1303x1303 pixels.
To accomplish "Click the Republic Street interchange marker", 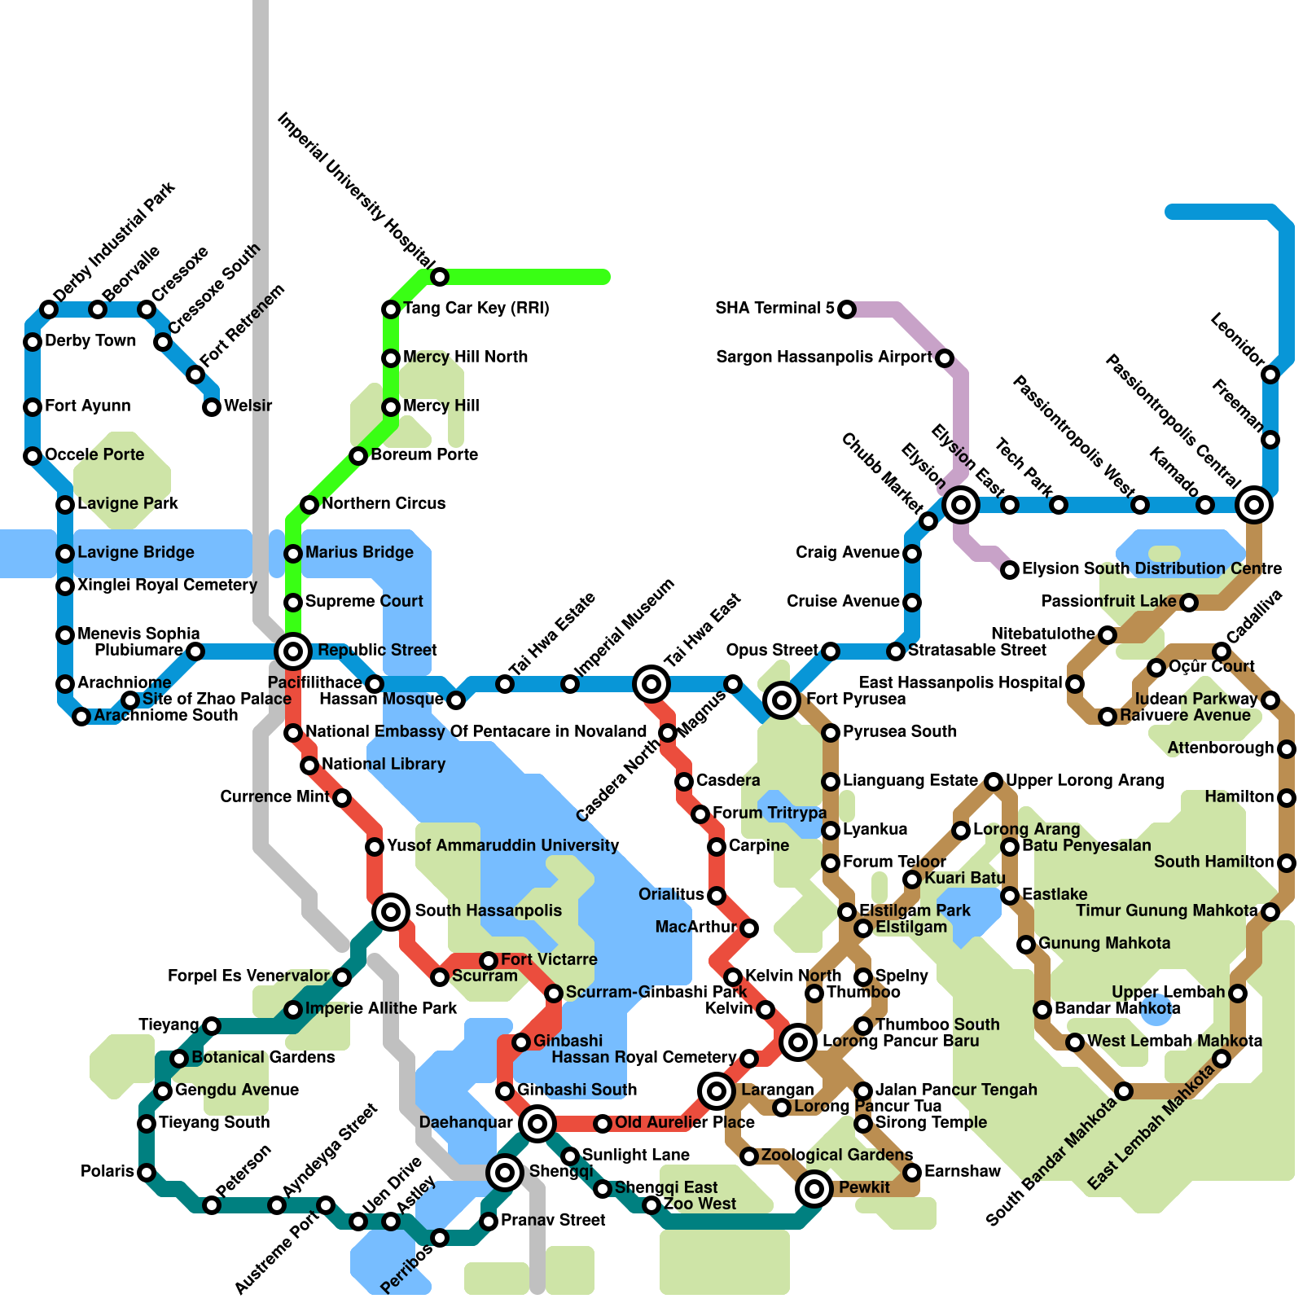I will pyautogui.click(x=293, y=651).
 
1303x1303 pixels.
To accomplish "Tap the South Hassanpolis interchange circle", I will pyautogui.click(x=391, y=911).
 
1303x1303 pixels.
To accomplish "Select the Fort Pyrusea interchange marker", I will pyautogui.click(x=782, y=700).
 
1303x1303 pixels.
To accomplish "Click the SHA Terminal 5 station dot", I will pyautogui.click(x=847, y=309).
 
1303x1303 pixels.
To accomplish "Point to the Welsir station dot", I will pyautogui.click(x=212, y=406).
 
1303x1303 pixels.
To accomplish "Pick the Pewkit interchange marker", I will pyautogui.click(x=814, y=1189).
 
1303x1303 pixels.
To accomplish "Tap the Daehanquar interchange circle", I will pyautogui.click(x=537, y=1124).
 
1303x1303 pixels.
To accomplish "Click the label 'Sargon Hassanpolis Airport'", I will pyautogui.click(x=823, y=358).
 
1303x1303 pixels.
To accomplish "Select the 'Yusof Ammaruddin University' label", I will pyautogui.click(x=502, y=846).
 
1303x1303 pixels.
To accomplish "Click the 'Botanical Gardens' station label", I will pyautogui.click(x=262, y=1058).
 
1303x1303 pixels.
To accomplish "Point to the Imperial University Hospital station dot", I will pyautogui.click(x=440, y=277).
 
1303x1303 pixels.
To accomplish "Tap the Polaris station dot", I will pyautogui.click(x=147, y=1173).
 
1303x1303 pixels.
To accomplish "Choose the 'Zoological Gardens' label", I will pyautogui.click(x=836, y=1156).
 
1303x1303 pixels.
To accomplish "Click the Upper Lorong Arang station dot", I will pyautogui.click(x=994, y=782).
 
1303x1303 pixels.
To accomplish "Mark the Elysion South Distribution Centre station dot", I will pyautogui.click(x=1010, y=570).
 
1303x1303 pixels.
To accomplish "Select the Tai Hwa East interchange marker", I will pyautogui.click(x=651, y=684).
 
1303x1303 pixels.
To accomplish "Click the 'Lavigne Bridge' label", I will pyautogui.click(x=135, y=553).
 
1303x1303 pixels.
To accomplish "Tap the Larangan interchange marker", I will pyautogui.click(x=717, y=1090).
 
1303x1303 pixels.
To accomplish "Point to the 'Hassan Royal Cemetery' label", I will pyautogui.click(x=643, y=1058).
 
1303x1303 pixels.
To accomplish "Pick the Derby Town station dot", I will pyautogui.click(x=33, y=342).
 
